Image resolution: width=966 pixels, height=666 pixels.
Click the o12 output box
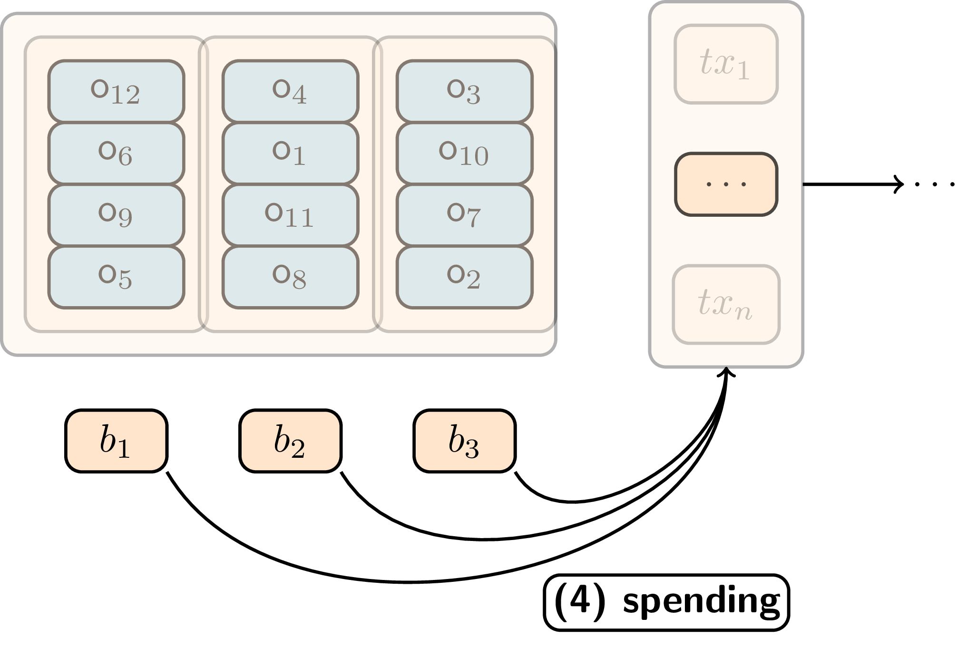[116, 91]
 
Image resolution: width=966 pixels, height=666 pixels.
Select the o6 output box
[116, 153]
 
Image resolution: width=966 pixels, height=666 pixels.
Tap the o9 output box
[116, 215]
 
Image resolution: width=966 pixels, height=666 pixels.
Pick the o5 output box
[116, 277]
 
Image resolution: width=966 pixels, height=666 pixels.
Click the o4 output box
[290, 91]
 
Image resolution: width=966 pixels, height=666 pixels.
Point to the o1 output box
[290, 153]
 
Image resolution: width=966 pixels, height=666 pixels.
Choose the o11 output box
[290, 215]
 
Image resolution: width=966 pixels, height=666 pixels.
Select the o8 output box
[290, 277]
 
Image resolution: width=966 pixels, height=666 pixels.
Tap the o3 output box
[464, 91]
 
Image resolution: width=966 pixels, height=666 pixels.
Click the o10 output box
[464, 153]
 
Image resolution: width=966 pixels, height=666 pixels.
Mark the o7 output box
[464, 215]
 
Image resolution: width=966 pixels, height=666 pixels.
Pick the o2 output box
[464, 277]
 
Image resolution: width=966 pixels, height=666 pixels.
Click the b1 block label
[116, 441]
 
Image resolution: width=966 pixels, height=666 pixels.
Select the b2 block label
[290, 441]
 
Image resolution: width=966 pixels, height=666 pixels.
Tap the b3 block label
[464, 441]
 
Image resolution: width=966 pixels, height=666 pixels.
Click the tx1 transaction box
[726, 64]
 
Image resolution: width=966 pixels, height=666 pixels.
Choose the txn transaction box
[726, 304]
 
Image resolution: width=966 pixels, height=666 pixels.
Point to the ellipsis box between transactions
[726, 184]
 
